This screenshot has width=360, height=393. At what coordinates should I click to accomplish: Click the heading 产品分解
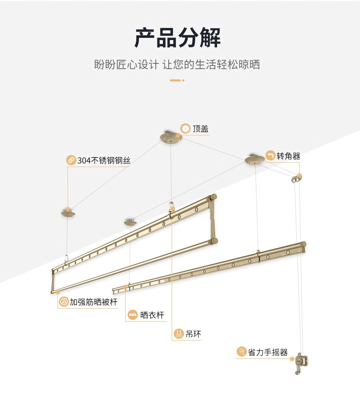pos(177,38)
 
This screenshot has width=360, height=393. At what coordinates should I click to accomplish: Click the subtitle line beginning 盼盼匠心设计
pos(177,65)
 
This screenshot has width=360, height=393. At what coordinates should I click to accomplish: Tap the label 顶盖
pos(200,129)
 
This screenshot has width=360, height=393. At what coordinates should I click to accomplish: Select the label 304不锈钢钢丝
pos(104,160)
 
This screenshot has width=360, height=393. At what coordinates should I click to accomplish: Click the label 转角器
pos(288,156)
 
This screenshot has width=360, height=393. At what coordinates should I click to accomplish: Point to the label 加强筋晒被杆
pos(93,302)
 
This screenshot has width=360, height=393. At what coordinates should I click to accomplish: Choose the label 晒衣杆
pos(152,315)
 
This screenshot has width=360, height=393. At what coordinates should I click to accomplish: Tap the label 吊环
pos(193,334)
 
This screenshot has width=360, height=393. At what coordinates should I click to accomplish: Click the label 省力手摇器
pos(268,352)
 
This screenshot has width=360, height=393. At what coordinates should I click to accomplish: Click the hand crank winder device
pos(301,362)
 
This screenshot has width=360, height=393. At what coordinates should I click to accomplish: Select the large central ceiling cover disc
pos(171,138)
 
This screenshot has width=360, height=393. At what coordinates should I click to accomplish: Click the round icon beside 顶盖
pos(185,129)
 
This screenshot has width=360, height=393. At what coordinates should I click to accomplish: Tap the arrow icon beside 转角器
pos(270,156)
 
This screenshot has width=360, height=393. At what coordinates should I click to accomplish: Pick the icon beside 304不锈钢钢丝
pos(71,160)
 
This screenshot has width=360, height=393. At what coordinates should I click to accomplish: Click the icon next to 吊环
pos(179,334)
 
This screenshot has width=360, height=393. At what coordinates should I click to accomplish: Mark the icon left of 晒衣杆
pos(133,315)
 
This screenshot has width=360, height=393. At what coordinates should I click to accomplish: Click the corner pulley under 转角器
pos(296,178)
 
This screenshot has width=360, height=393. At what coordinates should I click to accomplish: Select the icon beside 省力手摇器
pos(241,352)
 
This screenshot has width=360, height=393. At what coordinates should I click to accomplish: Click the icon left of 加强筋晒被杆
pos(64,302)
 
